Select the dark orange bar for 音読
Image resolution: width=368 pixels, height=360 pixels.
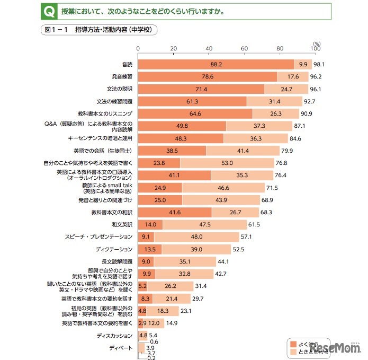(216, 64)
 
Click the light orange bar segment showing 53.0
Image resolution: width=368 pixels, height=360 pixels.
(227, 163)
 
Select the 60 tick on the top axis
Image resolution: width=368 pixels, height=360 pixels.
(244, 49)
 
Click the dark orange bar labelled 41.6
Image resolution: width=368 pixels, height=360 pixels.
(175, 212)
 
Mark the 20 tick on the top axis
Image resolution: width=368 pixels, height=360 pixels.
(173, 49)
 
